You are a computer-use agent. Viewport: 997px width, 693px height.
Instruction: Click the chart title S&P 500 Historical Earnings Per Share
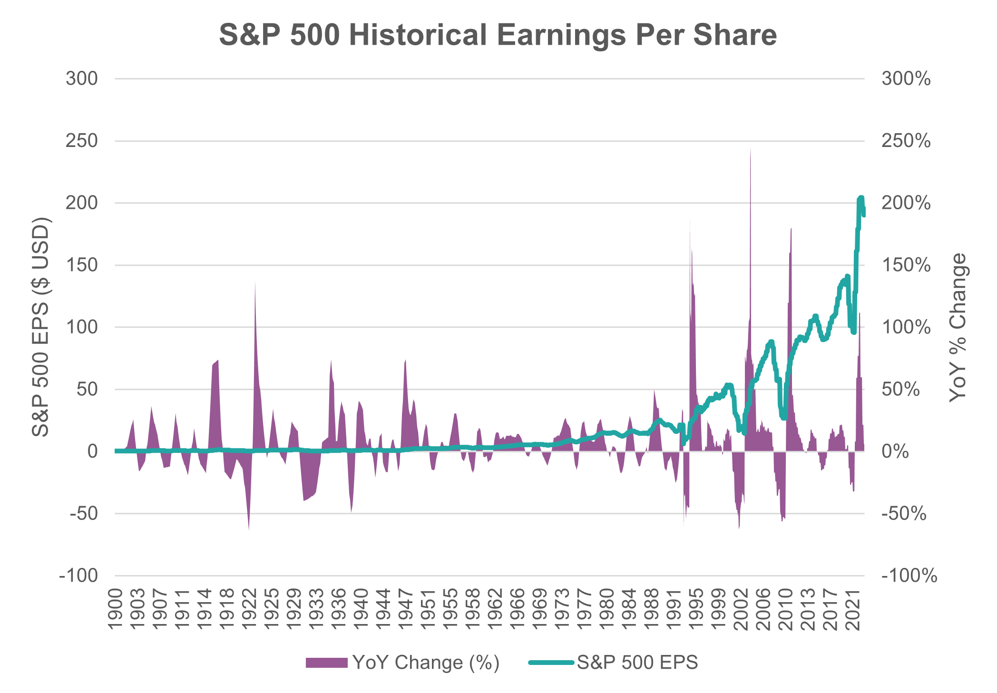(x=498, y=35)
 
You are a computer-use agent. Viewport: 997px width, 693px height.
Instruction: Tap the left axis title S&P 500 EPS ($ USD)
(x=41, y=327)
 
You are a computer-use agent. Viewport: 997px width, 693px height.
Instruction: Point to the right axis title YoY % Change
(x=958, y=327)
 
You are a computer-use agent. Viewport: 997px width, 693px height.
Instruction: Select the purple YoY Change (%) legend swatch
(x=326, y=663)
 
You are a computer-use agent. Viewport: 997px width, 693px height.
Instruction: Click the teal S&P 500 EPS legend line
(x=551, y=662)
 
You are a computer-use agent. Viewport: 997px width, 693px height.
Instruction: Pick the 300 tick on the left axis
(x=82, y=79)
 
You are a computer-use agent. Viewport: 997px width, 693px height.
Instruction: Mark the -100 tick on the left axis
(x=78, y=576)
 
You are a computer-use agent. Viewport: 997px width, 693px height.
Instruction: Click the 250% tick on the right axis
(x=906, y=141)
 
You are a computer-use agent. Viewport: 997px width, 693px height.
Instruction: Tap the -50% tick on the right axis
(x=904, y=514)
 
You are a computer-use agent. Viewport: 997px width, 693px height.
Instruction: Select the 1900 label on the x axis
(x=115, y=609)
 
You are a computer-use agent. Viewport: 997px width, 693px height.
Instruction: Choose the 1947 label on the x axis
(x=405, y=609)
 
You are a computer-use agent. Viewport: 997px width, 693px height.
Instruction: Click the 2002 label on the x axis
(x=741, y=609)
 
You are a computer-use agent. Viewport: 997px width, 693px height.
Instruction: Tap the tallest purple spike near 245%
(x=751, y=149)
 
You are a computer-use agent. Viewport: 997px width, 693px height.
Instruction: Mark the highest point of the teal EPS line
(x=860, y=197)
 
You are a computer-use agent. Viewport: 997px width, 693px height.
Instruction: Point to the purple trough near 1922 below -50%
(x=249, y=528)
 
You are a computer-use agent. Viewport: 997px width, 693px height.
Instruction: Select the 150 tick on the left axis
(x=82, y=265)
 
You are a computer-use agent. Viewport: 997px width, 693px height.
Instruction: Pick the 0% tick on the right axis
(x=895, y=451)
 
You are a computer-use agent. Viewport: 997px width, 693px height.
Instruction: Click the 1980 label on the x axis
(x=607, y=609)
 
